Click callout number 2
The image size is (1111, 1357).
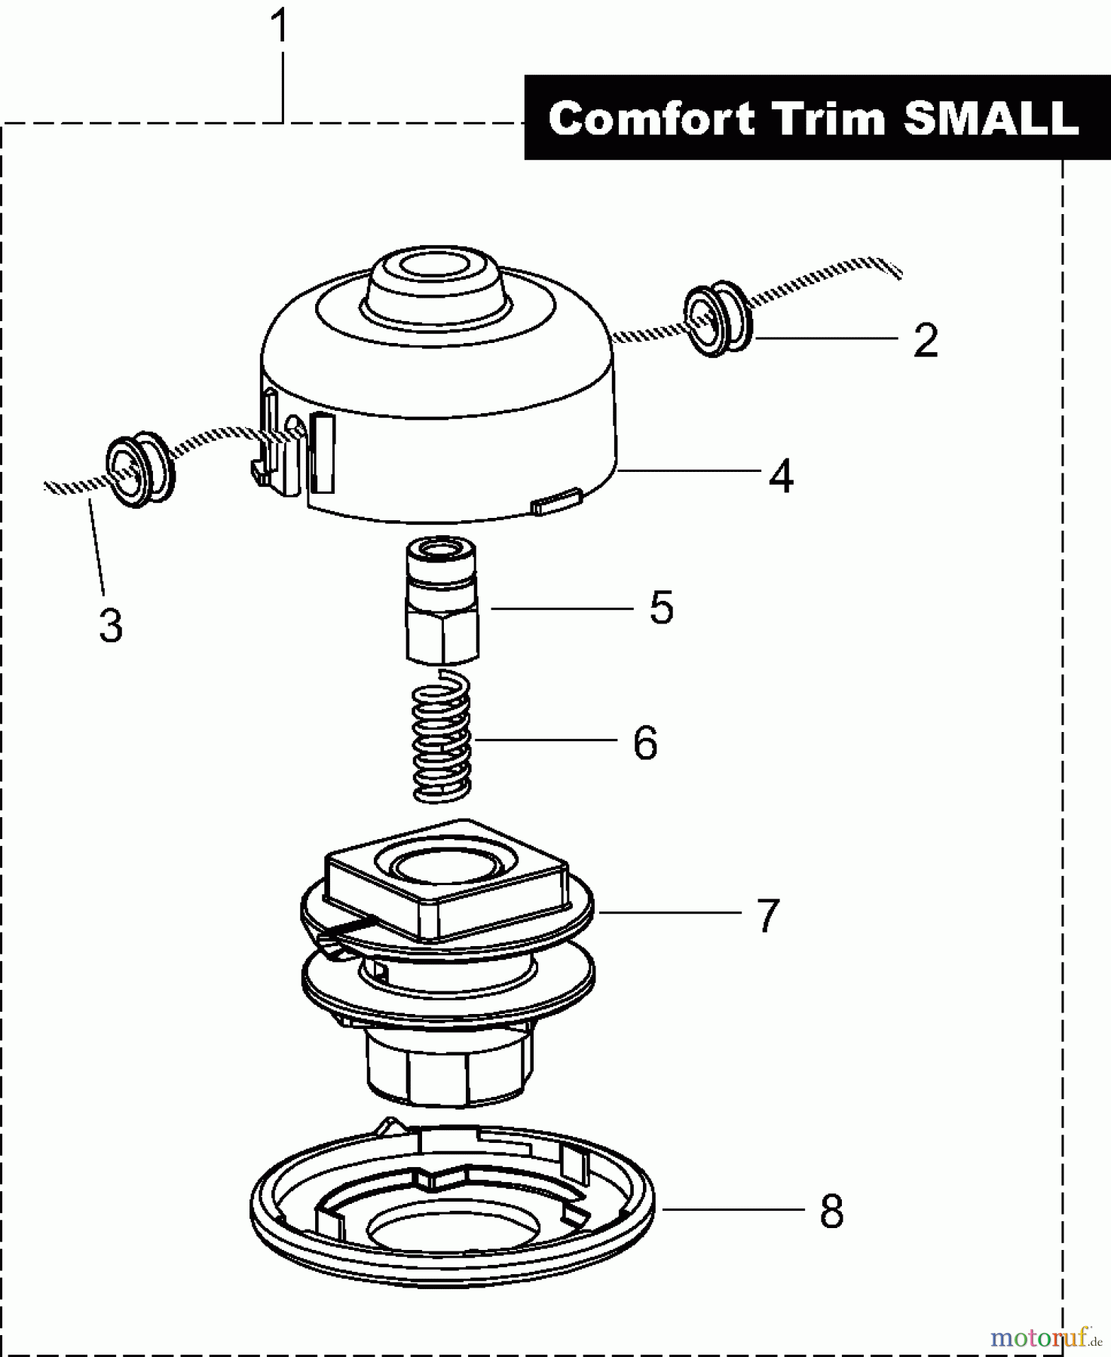[926, 341]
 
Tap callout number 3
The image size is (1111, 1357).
[111, 626]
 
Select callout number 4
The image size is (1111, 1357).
[781, 476]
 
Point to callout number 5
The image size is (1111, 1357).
[661, 608]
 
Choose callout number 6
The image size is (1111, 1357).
[645, 743]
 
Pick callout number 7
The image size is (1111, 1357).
[767, 915]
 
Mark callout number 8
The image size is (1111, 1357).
[831, 1212]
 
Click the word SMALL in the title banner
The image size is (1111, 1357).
[991, 119]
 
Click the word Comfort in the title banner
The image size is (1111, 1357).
[651, 119]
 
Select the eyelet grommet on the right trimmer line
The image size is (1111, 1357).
[717, 318]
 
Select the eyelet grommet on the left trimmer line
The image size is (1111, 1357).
[139, 470]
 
